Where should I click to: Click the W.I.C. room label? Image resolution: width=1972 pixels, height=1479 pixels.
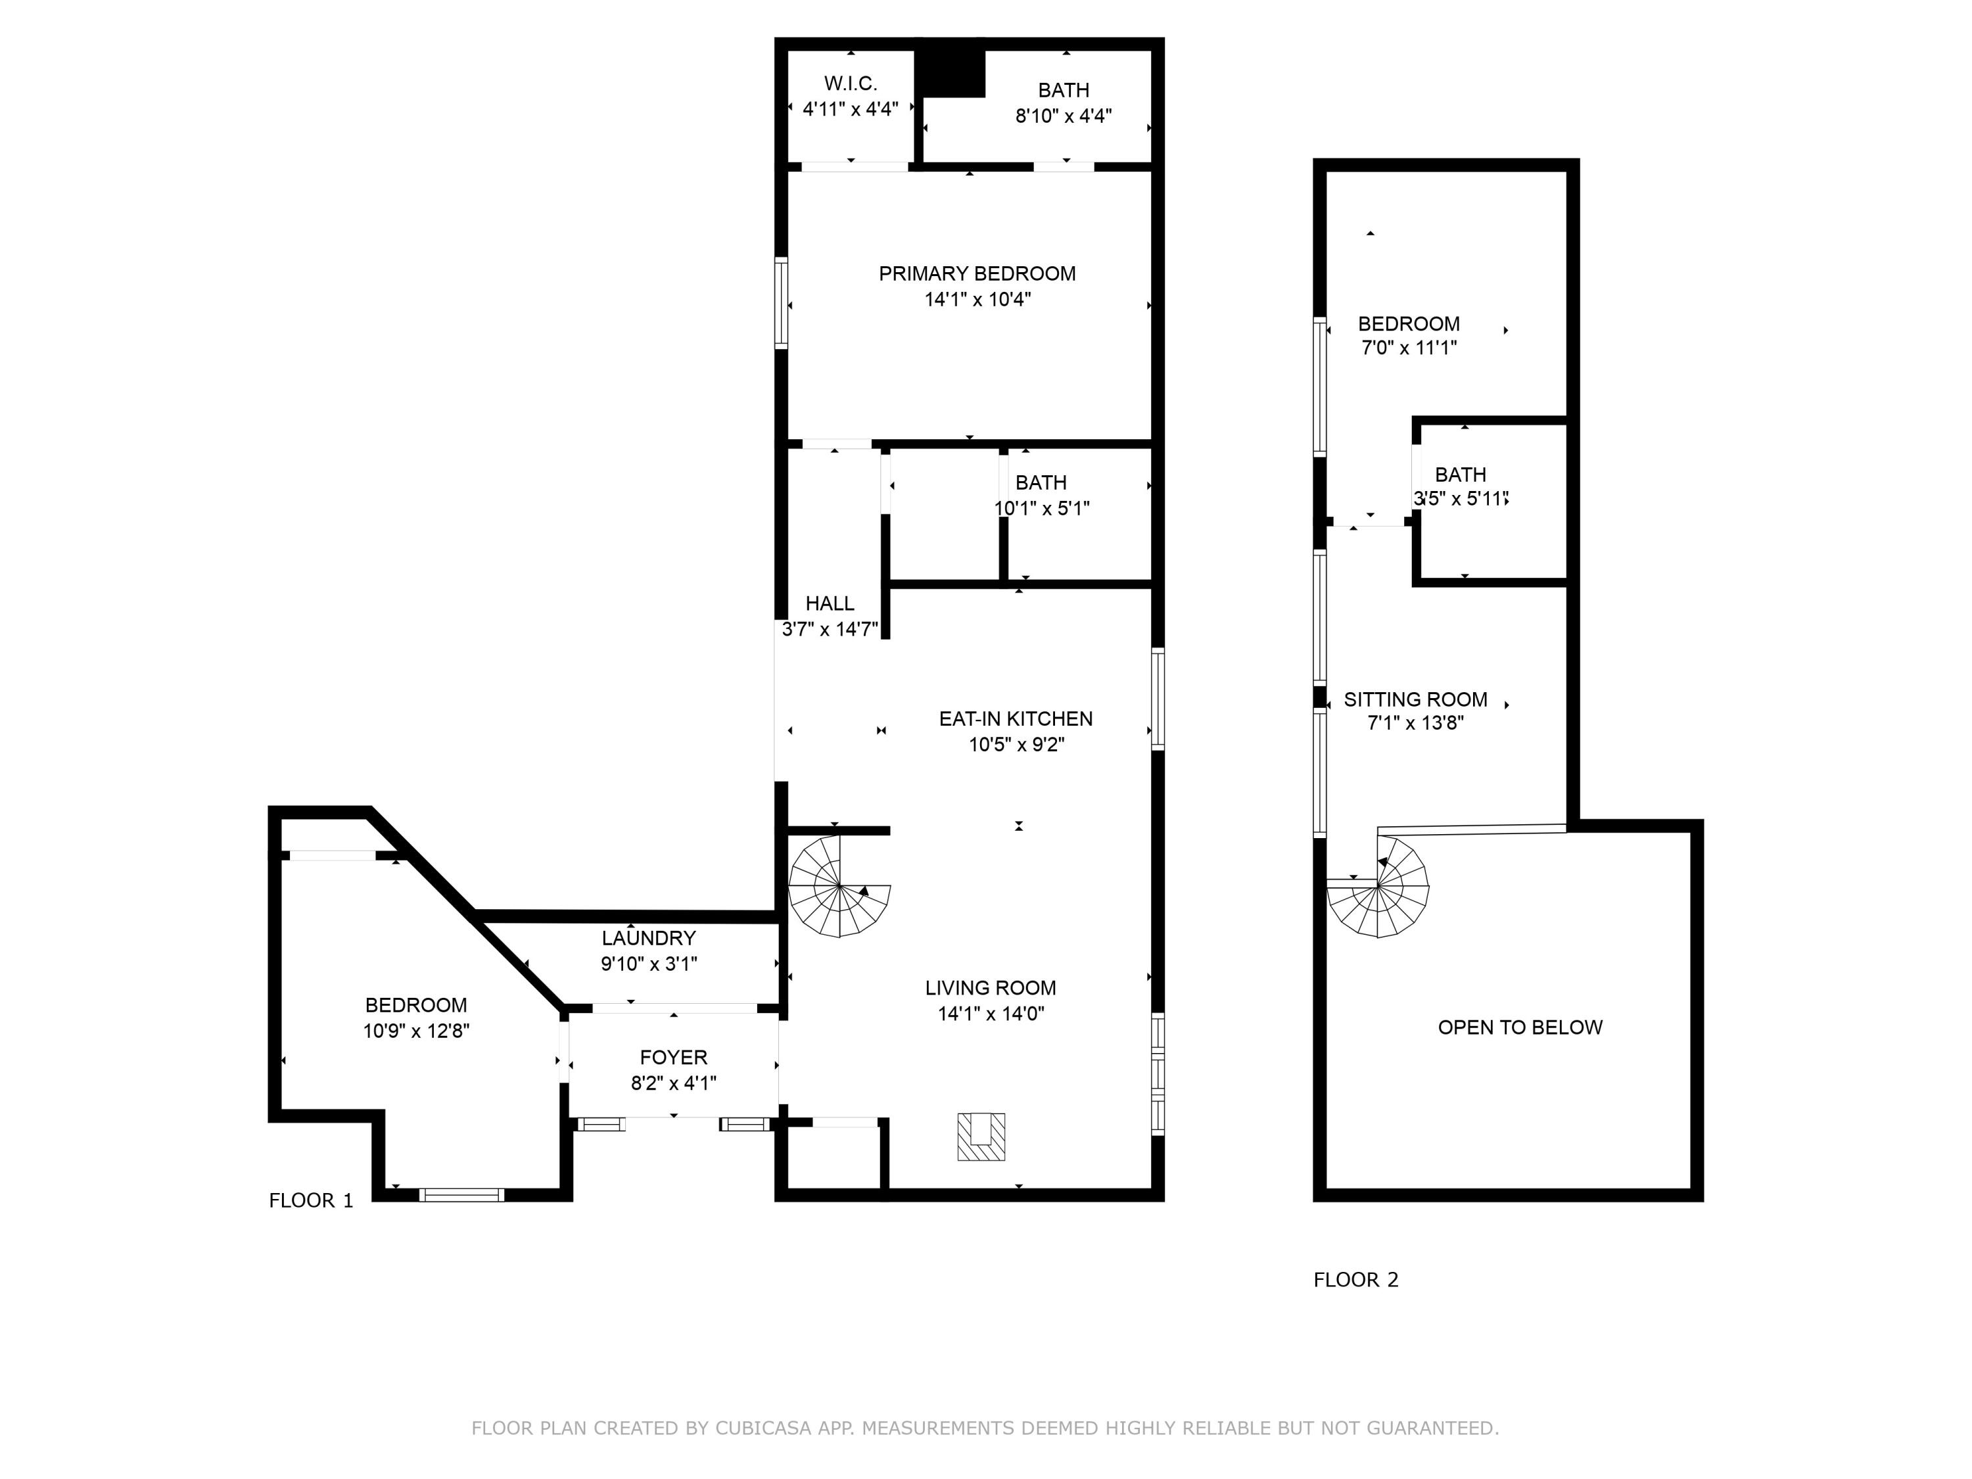pos(851,83)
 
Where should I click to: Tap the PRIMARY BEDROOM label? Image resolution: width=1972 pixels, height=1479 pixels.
pos(977,273)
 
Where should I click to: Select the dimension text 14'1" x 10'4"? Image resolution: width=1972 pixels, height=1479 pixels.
pos(977,300)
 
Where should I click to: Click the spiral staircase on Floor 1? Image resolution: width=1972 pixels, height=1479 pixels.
pos(839,886)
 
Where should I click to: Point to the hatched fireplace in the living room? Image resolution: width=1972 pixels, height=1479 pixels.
pos(981,1137)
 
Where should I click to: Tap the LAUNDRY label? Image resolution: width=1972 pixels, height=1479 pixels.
pos(648,938)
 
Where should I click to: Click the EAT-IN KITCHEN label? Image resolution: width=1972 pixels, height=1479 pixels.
pos(1016,718)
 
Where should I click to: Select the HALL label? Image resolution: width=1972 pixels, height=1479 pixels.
pos(829,603)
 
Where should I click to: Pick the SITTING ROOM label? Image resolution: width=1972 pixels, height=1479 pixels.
pos(1415,700)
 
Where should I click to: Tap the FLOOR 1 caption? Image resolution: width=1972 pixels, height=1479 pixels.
pos(311,1201)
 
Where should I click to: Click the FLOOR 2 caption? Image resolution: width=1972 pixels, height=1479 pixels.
pos(1355,1280)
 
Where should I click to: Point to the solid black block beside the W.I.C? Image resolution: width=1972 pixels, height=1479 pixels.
pos(952,72)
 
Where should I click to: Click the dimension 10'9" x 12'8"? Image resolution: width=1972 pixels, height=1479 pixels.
pos(415,1031)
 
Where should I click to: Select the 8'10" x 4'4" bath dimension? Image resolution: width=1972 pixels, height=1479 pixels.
pos(1063,116)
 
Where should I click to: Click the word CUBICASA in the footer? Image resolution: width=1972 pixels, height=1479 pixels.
pos(763,1428)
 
